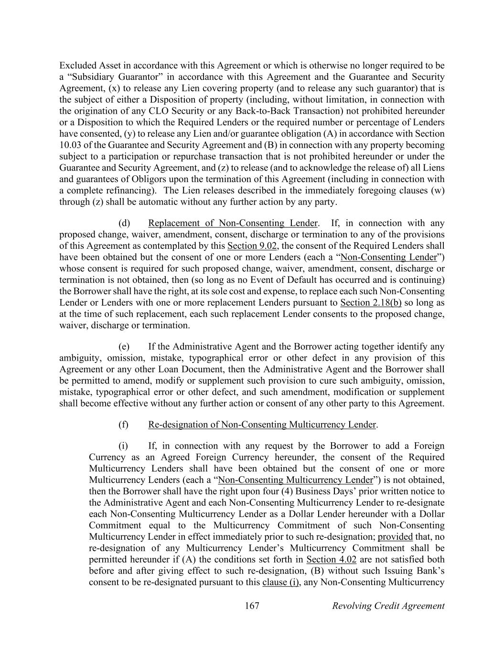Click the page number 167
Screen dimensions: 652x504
click(252, 606)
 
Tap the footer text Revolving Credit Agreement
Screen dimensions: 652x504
click(388, 606)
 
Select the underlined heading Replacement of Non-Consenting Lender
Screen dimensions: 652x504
click(233, 223)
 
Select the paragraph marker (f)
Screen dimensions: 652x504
click(123, 425)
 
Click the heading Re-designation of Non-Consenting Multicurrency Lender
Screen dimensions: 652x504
click(262, 425)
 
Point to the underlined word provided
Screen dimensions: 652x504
click(395, 536)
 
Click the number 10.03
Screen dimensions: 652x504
click(70, 145)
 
